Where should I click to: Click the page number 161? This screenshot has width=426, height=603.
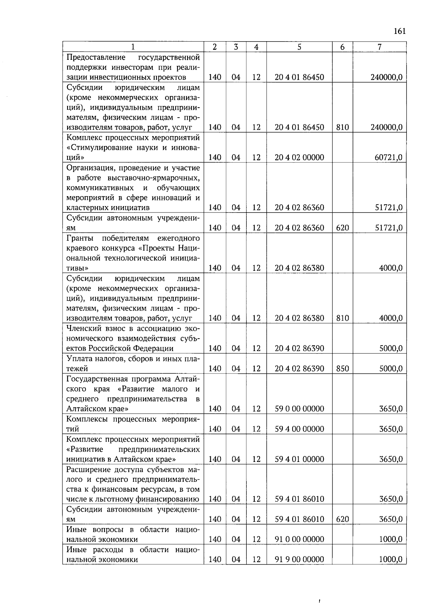pos(399,31)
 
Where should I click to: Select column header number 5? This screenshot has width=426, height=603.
pos(299,47)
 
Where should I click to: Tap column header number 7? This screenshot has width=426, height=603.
pos(379,47)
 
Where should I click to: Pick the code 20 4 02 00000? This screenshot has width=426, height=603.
pos(299,157)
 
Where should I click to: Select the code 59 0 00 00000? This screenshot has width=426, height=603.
pos(299,409)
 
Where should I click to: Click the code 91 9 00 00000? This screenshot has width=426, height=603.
pos(299,559)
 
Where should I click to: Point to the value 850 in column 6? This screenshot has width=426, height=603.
pos(342,368)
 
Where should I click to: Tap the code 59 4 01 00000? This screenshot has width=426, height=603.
pos(299,459)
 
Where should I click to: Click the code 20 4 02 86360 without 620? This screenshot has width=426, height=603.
pos(299,208)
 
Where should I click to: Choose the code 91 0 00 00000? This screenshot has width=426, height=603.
pos(299,539)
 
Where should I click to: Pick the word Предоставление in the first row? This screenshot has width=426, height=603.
pos(96,57)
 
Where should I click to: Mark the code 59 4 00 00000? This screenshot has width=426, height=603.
pos(299,429)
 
